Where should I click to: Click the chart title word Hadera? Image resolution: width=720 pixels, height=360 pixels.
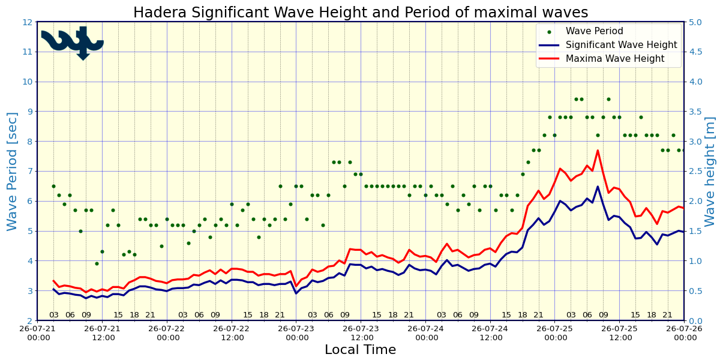click(160, 13)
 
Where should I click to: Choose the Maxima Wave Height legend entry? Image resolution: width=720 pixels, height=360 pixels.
click(602, 59)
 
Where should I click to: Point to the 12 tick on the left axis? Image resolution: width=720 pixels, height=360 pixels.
click(28, 22)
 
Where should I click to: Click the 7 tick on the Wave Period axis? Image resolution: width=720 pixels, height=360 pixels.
click(30, 172)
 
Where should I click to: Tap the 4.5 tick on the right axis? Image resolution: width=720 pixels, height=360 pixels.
click(695, 52)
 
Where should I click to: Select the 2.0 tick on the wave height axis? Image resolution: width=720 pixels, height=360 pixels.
click(695, 201)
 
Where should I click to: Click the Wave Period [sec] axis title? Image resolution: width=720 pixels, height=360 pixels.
click(12, 172)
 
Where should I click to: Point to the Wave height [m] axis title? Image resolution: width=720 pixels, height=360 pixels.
click(710, 172)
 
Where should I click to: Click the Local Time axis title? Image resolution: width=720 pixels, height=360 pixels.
click(361, 350)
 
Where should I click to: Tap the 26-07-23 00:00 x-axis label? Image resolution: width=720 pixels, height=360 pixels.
click(296, 334)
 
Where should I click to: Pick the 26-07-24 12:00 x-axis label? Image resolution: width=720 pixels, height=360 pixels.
click(491, 334)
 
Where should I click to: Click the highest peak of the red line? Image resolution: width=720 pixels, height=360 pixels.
click(598, 151)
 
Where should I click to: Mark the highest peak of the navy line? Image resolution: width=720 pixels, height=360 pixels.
click(598, 187)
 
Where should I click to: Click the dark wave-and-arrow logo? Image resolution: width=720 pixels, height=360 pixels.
click(73, 43)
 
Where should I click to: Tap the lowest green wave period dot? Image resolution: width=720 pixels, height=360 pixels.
click(97, 263)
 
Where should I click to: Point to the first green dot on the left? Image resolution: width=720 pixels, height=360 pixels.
click(53, 186)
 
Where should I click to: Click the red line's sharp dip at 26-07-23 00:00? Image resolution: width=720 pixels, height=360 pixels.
click(296, 286)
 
